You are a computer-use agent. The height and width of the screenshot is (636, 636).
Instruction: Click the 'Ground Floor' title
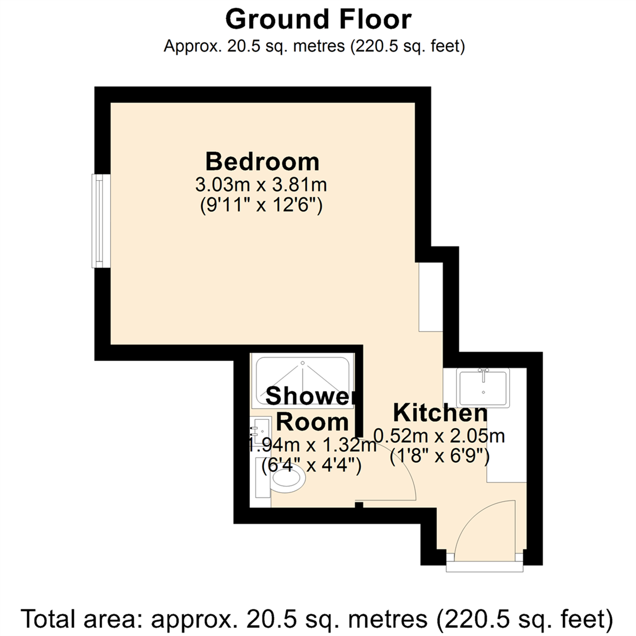coord(318,19)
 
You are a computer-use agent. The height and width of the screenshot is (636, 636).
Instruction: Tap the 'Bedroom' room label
coord(262,160)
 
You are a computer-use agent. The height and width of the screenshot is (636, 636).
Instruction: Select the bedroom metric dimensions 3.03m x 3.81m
coord(261,185)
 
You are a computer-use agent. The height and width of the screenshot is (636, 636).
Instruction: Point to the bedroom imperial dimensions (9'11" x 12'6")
coord(261,207)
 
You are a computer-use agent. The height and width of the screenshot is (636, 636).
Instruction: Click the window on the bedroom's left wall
coord(100,221)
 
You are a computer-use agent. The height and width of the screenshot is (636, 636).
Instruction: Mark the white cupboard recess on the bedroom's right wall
coord(428,296)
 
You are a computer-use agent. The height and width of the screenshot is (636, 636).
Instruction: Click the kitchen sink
coord(483,387)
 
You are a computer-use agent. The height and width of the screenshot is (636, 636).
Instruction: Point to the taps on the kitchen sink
coord(483,372)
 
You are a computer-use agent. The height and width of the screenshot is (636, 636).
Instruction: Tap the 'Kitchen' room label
coord(440,412)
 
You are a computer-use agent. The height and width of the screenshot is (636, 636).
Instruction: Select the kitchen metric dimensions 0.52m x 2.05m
coord(440,436)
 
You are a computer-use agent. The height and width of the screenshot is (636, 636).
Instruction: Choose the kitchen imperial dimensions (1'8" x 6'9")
coord(440,456)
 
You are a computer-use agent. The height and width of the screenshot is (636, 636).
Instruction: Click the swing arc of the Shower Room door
coord(406,465)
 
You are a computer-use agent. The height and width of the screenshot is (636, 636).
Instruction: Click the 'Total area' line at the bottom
coord(318,619)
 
